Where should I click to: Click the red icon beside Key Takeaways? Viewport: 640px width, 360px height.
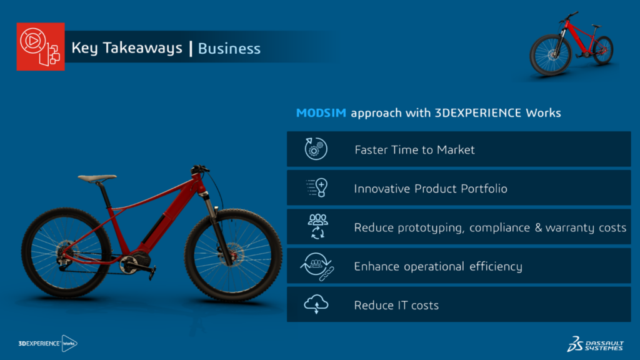click(41, 46)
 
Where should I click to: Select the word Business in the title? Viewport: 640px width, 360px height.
click(229, 49)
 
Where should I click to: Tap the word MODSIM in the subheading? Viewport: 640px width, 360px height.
click(321, 112)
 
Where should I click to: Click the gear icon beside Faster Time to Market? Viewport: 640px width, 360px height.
click(316, 149)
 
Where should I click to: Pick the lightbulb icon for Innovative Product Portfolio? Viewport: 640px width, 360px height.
click(317, 187)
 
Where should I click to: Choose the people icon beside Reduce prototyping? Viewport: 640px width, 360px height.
click(317, 226)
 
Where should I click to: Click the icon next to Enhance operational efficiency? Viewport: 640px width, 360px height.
click(317, 266)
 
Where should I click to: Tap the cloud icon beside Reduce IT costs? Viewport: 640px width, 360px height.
click(316, 304)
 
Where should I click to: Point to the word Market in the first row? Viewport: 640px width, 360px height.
click(456, 150)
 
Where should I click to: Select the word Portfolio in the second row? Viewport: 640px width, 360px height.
click(484, 189)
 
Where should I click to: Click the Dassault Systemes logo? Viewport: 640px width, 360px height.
click(596, 344)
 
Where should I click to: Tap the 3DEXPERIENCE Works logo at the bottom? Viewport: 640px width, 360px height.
click(47, 343)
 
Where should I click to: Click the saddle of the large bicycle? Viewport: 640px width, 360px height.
click(97, 178)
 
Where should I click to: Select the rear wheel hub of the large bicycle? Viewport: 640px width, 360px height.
click(66, 250)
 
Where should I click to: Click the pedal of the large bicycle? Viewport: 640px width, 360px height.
click(152, 272)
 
